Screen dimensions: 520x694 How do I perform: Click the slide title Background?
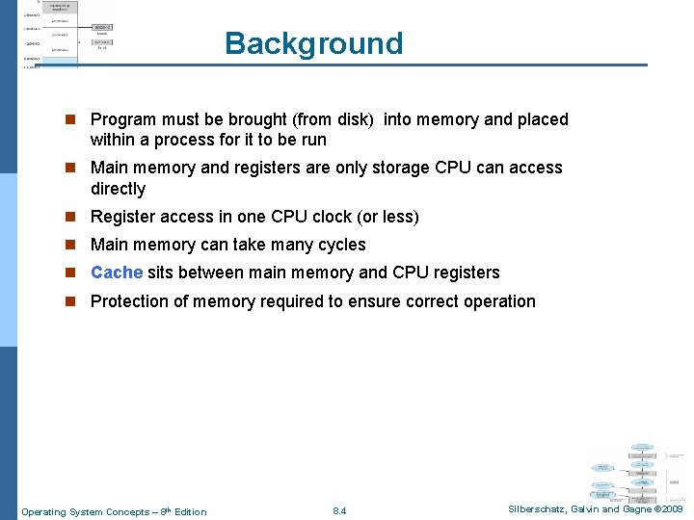(313, 43)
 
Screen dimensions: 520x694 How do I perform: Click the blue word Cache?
(117, 273)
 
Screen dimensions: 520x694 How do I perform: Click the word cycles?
(339, 245)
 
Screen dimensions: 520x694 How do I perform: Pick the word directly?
(118, 189)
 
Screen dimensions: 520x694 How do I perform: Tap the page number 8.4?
(338, 511)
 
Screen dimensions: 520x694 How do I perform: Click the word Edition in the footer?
(191, 511)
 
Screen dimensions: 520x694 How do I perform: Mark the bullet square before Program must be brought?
(69, 120)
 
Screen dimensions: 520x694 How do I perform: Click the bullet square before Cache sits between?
(69, 273)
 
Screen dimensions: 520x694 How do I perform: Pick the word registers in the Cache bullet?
(466, 273)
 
